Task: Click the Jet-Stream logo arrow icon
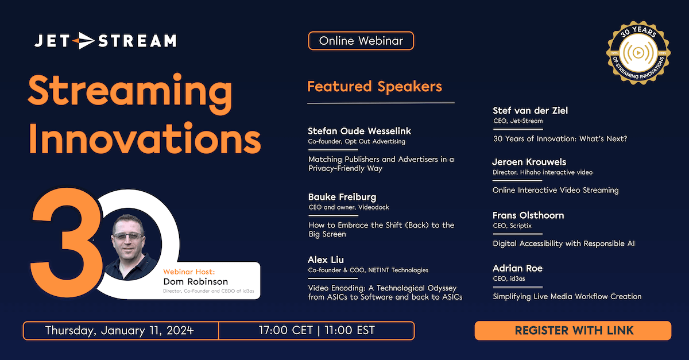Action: [84, 41]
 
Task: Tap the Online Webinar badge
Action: [361, 41]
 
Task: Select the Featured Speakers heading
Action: [374, 87]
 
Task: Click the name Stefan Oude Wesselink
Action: [359, 131]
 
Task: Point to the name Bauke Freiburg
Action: [342, 197]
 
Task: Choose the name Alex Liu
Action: [326, 260]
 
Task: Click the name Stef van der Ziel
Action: [530, 111]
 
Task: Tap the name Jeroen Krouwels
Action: [529, 162]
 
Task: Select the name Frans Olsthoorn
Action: [528, 215]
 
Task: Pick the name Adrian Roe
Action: [517, 268]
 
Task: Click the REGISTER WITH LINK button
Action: [573, 330]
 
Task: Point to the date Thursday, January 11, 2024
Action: [119, 331]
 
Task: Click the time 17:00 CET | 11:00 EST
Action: [317, 331]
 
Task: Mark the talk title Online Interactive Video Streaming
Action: [555, 190]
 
